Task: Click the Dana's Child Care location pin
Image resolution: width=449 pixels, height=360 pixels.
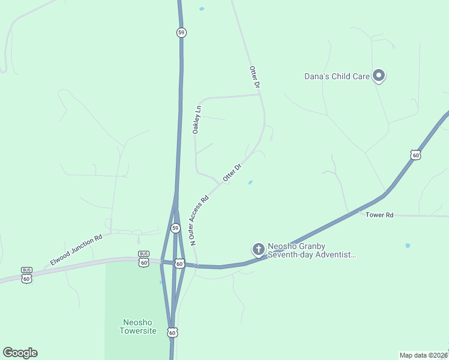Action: pyautogui.click(x=379, y=76)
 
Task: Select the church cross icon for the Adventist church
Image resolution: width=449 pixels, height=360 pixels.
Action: pyautogui.click(x=258, y=249)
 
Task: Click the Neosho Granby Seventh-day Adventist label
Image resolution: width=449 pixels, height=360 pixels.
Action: pyautogui.click(x=312, y=250)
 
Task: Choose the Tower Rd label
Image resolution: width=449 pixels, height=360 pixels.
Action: pyautogui.click(x=379, y=215)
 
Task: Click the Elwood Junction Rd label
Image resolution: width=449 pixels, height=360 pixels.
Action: pyautogui.click(x=76, y=250)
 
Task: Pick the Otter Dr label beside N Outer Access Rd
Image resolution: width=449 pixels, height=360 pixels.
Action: pyautogui.click(x=232, y=172)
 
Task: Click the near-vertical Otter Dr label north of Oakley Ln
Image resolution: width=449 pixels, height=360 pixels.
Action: pyautogui.click(x=255, y=77)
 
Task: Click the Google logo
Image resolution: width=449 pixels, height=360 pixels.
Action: pyautogui.click(x=20, y=353)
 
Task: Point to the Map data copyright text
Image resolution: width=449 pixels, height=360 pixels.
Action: pyautogui.click(x=424, y=355)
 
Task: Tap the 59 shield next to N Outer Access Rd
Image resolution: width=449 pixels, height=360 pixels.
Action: pyautogui.click(x=175, y=228)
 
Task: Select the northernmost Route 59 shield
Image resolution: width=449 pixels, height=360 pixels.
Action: pyautogui.click(x=181, y=32)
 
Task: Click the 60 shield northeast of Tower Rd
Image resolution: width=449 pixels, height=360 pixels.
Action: pyautogui.click(x=415, y=155)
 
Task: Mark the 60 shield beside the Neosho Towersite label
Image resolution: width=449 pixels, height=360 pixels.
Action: pyautogui.click(x=172, y=332)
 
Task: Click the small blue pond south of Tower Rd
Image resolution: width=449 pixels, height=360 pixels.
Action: pyautogui.click(x=408, y=245)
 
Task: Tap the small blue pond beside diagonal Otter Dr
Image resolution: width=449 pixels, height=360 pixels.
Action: pyautogui.click(x=250, y=182)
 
